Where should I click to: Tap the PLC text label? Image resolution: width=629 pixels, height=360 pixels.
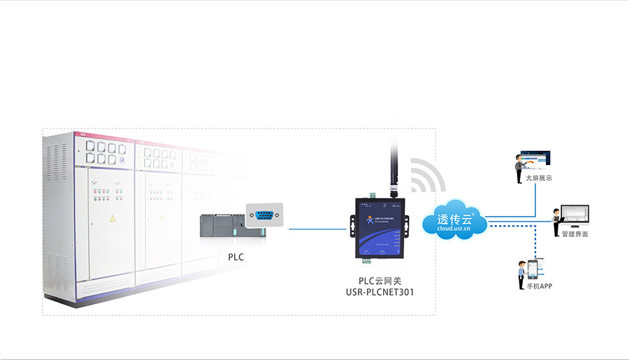[236, 257]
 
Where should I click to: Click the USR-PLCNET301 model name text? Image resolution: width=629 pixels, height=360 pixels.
[380, 292]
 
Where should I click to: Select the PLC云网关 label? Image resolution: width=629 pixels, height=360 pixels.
[380, 280]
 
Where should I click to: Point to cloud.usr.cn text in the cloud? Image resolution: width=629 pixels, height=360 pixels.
[454, 229]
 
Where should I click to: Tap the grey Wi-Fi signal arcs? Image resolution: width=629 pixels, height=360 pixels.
[426, 175]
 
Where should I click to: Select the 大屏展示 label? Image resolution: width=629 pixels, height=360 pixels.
[539, 178]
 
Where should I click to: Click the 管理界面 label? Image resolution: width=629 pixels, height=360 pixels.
[574, 234]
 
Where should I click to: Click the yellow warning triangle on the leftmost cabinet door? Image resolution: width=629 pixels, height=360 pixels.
[112, 219]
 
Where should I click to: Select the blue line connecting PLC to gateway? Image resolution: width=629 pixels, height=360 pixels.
[318, 229]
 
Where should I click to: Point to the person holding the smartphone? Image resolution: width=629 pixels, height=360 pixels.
[521, 275]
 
